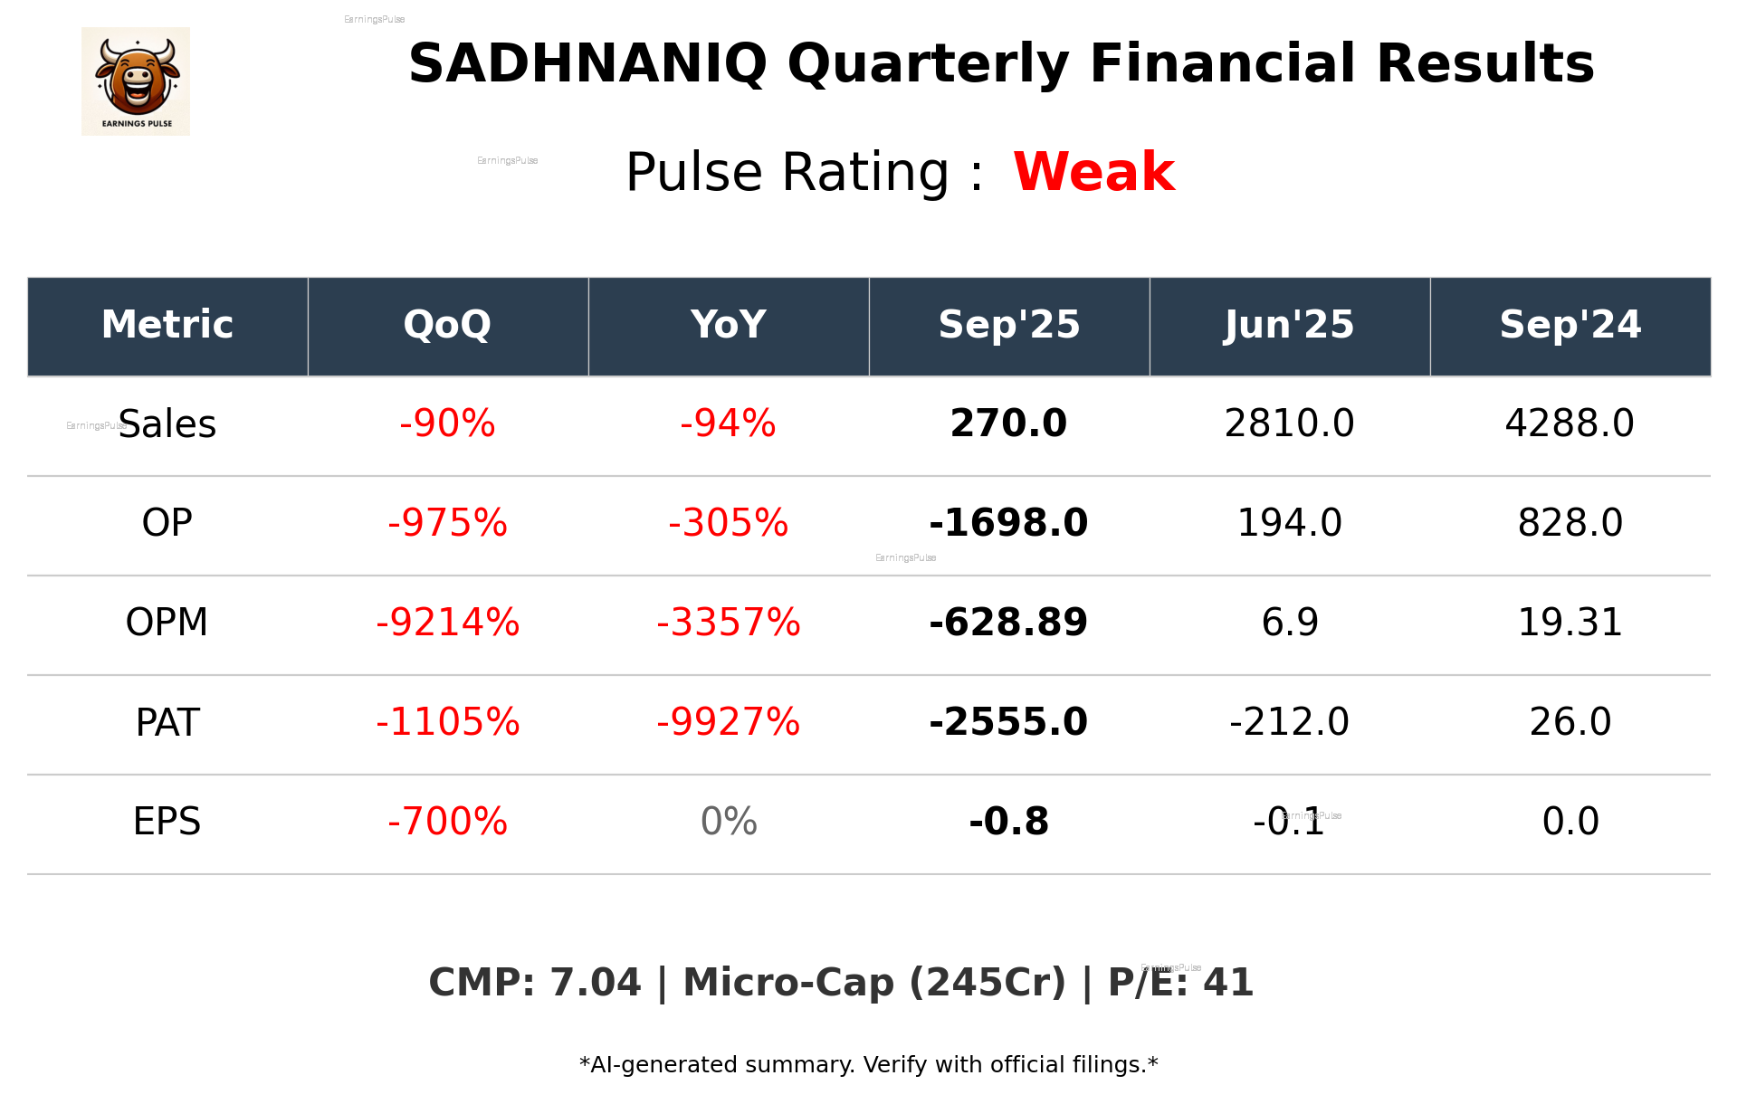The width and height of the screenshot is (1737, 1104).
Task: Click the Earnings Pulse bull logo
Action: tap(136, 81)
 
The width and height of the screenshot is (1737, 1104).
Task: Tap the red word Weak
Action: tap(1093, 172)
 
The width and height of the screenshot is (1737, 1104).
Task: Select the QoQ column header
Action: tap(447, 325)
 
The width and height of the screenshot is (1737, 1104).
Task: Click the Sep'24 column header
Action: tap(1570, 325)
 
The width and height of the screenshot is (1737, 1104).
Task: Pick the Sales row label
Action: tap(167, 424)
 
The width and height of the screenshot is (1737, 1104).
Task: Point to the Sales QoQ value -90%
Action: tap(447, 424)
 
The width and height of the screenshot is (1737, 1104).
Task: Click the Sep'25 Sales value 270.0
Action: tap(1008, 424)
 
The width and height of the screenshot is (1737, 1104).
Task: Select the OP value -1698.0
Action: tap(1008, 523)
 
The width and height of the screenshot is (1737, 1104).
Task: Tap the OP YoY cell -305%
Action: tap(728, 523)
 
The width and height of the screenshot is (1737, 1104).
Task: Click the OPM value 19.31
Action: tap(1570, 623)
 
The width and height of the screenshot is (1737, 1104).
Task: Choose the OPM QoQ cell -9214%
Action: tap(447, 623)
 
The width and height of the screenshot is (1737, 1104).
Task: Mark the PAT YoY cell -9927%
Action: tap(728, 722)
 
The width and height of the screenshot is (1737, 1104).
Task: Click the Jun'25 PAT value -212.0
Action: tap(1289, 722)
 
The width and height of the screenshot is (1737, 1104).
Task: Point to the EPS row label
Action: tap(167, 822)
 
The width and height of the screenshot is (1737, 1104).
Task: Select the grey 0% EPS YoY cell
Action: tap(728, 822)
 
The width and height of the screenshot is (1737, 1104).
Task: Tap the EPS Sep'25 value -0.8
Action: tap(1008, 822)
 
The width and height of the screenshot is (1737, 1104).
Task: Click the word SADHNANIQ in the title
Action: tap(587, 64)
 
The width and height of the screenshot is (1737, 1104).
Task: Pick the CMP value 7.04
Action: tap(595, 983)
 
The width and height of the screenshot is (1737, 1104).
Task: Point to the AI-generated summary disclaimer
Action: tap(868, 1065)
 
